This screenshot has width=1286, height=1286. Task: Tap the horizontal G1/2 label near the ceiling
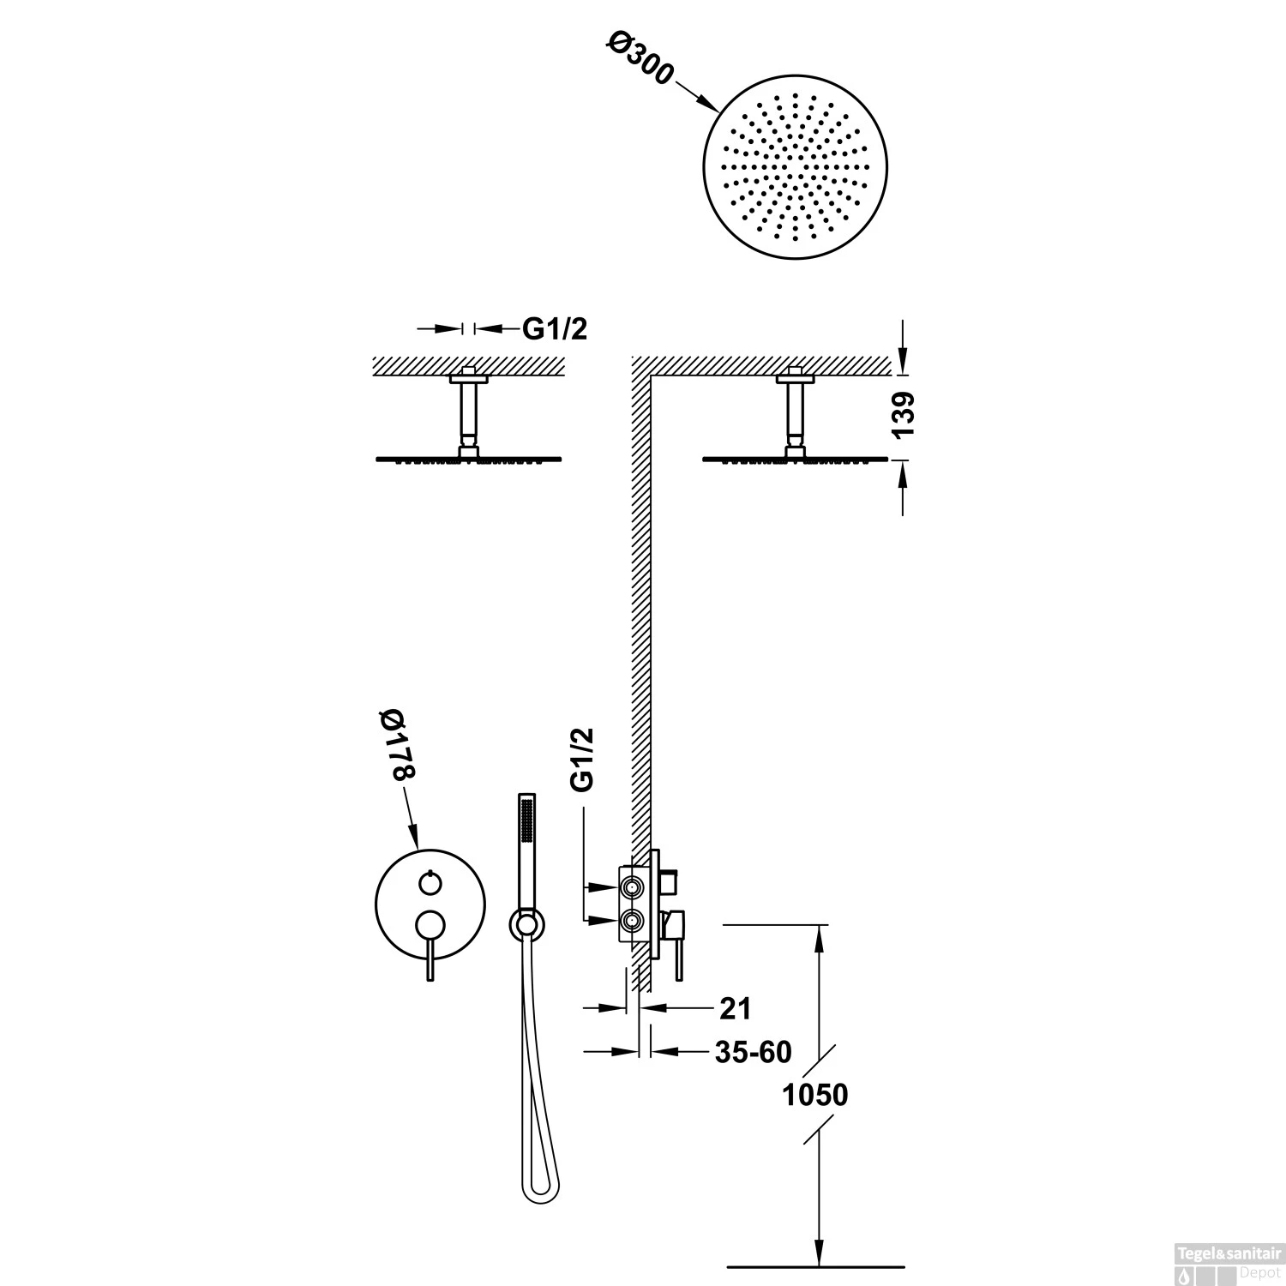555,328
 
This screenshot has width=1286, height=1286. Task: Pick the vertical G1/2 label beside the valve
582,759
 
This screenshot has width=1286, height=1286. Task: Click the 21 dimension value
735,1008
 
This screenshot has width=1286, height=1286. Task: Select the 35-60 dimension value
753,1051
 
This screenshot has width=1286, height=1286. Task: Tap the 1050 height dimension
815,1095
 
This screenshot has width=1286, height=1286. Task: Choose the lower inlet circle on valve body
631,921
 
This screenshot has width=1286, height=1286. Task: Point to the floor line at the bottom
815,1266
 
